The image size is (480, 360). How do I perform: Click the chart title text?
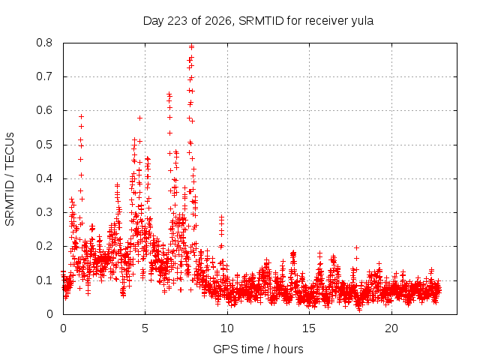click(258, 21)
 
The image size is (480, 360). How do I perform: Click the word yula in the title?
click(362, 22)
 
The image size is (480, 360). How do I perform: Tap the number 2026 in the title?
click(217, 21)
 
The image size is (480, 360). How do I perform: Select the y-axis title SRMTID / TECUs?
click(10, 179)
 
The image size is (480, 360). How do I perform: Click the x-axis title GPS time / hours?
click(258, 349)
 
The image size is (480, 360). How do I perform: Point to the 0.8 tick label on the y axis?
click(44, 43)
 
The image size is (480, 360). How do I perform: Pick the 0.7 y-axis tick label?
click(44, 76)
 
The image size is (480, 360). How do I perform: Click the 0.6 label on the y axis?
click(44, 110)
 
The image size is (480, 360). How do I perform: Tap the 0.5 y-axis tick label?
click(44, 145)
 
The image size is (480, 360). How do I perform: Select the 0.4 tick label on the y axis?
click(44, 178)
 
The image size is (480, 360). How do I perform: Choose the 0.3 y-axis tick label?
click(44, 212)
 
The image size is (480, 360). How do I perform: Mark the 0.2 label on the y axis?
click(44, 246)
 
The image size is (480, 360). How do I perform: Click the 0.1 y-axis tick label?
click(44, 280)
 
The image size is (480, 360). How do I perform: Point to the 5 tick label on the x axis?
click(145, 328)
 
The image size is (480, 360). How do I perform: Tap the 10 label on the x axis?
click(227, 328)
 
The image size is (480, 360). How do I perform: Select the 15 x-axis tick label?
click(309, 328)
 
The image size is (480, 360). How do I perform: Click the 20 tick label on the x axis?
click(391, 328)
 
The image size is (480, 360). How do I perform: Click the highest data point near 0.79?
click(192, 47)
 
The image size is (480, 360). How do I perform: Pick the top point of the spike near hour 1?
click(81, 117)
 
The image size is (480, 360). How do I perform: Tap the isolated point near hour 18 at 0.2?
click(356, 247)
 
